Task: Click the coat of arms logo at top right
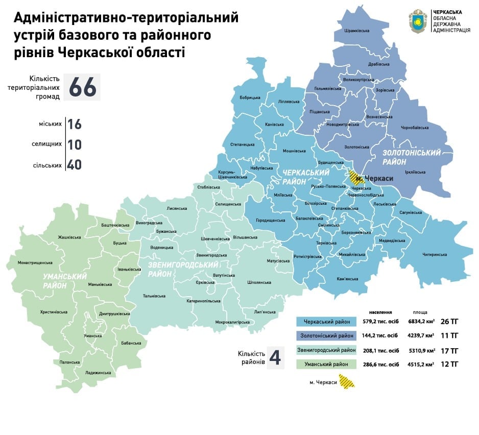coord(419,21)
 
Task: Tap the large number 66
coord(82,87)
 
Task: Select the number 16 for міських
coord(74,125)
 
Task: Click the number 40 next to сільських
coord(74,165)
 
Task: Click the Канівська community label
coord(275,125)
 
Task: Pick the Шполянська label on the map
coord(258,282)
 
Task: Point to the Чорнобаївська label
coord(415,128)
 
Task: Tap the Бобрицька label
coord(250,98)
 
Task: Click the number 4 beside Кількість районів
coord(275,358)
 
